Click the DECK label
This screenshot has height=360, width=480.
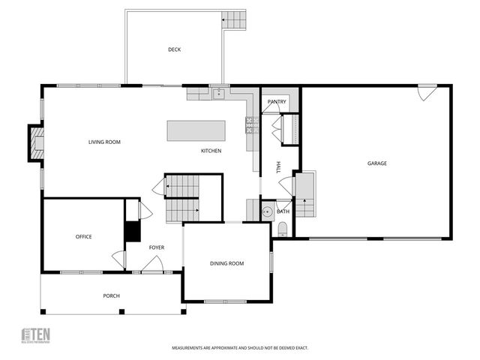pyautogui.click(x=174, y=49)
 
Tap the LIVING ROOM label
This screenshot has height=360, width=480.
pyautogui.click(x=104, y=142)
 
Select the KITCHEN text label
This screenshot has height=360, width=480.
pyautogui.click(x=211, y=151)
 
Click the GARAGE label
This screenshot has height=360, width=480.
pyautogui.click(x=376, y=163)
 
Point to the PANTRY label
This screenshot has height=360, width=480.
pyautogui.click(x=276, y=101)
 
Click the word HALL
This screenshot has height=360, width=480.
pyautogui.click(x=278, y=166)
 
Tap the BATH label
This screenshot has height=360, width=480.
pyautogui.click(x=283, y=211)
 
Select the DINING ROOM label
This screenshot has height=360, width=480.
pyautogui.click(x=226, y=263)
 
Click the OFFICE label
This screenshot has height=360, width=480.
pyautogui.click(x=83, y=236)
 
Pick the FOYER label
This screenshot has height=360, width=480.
pyautogui.click(x=156, y=247)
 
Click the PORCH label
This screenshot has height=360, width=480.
pyautogui.click(x=111, y=295)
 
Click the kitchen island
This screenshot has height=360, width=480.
pyautogui.click(x=196, y=130)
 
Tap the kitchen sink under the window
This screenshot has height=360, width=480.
pyautogui.click(x=219, y=94)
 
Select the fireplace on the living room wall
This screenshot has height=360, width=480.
pyautogui.click(x=35, y=142)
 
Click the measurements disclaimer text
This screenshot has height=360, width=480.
pyautogui.click(x=240, y=348)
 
